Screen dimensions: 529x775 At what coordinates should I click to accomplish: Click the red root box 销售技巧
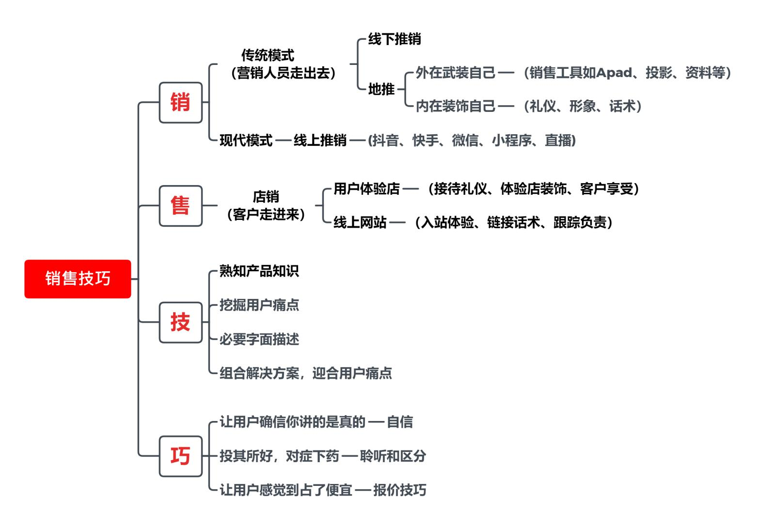tap(78, 279)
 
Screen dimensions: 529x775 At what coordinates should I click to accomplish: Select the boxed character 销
tap(180, 102)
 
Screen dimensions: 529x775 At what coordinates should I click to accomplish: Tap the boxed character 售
tap(180, 205)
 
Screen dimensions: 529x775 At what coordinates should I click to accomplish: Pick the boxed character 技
tap(180, 322)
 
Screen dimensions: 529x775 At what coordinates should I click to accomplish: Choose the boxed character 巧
tap(180, 456)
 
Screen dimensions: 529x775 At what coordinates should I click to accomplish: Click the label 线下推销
tap(395, 39)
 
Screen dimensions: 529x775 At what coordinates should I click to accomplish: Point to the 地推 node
tap(381, 89)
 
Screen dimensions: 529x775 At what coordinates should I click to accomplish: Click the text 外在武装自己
tap(456, 73)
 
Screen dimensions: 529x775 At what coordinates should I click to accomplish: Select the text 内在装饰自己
tap(456, 106)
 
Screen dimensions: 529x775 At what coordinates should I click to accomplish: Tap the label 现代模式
tap(246, 140)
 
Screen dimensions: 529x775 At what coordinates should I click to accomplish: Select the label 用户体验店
tap(367, 188)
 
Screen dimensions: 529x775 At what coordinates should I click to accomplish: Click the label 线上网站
tap(360, 222)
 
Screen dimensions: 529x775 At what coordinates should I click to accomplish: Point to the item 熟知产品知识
tap(259, 271)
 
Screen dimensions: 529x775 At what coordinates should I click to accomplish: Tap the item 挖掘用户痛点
tap(259, 305)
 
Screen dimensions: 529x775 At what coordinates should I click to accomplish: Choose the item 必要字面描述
tap(259, 339)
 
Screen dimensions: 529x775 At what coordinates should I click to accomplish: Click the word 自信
tap(400, 422)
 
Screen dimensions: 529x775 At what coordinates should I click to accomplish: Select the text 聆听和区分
tap(393, 456)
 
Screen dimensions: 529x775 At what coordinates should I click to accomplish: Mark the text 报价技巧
tap(400, 490)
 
